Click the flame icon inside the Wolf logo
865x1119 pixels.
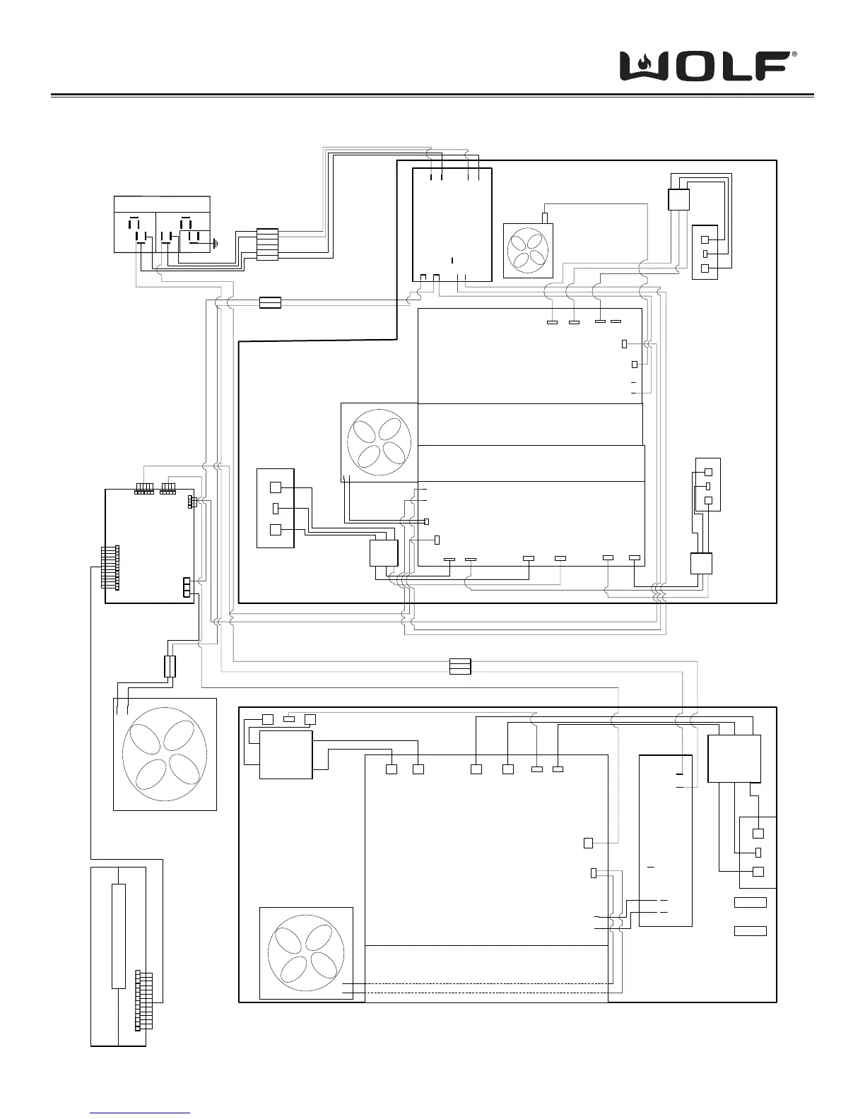(643, 65)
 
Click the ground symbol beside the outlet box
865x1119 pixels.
(216, 244)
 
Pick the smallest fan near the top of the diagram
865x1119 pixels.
(529, 251)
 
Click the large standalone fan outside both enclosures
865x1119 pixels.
(165, 754)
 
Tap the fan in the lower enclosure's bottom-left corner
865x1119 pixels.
(306, 953)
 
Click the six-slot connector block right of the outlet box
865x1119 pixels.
(267, 244)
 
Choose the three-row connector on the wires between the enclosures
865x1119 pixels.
(460, 666)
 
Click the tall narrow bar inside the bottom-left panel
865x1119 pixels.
(119, 935)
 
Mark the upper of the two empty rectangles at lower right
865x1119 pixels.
(750, 902)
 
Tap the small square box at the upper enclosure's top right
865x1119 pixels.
(678, 199)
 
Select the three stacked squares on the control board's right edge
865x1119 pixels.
(187, 587)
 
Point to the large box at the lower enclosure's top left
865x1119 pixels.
(286, 754)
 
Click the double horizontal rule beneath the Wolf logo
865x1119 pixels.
(432, 95)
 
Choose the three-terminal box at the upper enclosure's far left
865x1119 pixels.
(275, 508)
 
